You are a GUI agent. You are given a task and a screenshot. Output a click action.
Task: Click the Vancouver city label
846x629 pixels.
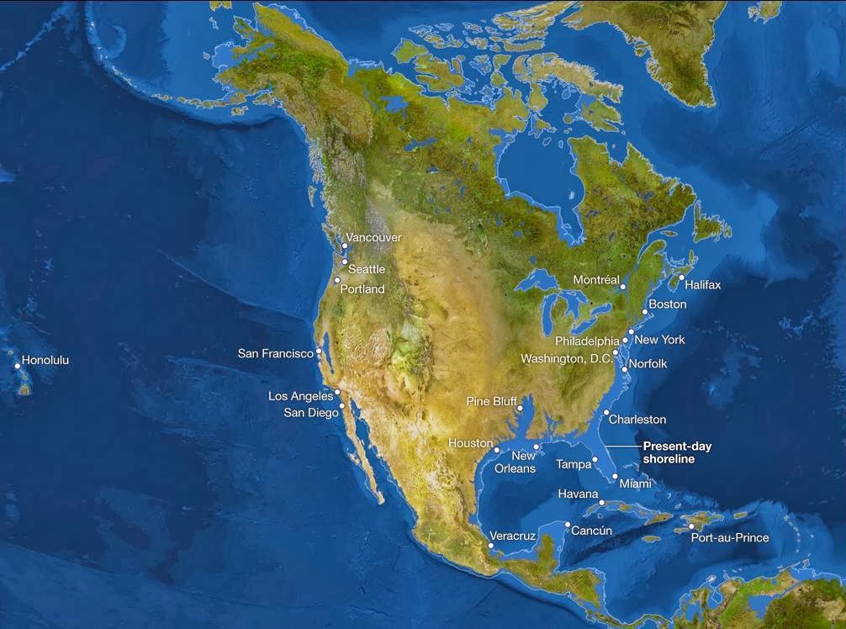[373, 238]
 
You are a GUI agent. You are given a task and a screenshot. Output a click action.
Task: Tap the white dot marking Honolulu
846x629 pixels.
[18, 366]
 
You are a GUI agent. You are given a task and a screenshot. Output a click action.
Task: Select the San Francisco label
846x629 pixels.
[275, 353]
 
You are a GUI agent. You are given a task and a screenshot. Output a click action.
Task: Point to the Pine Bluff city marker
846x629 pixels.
[521, 409]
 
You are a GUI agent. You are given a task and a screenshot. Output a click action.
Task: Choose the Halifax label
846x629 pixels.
[702, 284]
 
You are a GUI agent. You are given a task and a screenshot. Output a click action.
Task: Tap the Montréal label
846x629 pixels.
[595, 279]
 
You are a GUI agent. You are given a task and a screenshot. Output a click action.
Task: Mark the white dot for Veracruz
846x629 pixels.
[491, 546]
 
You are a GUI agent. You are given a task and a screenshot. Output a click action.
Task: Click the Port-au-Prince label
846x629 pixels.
[729, 537]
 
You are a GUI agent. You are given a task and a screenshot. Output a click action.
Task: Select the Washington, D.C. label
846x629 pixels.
[568, 359]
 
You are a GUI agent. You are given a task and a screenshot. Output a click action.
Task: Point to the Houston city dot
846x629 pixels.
[498, 451]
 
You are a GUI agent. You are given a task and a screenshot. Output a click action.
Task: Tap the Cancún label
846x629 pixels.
[591, 531]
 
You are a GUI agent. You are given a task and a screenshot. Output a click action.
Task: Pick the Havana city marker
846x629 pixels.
[602, 503]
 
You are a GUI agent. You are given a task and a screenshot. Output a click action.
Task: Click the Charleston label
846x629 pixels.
[637, 420]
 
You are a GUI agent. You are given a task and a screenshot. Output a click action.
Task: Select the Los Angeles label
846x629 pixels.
[300, 396]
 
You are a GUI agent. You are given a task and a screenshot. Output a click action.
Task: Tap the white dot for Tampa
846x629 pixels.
[595, 459]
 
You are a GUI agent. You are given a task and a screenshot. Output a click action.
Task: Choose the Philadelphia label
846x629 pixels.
[587, 341]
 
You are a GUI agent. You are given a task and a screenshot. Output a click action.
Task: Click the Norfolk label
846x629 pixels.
[648, 364]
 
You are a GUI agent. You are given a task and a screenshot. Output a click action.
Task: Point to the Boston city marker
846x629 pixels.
[645, 313]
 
